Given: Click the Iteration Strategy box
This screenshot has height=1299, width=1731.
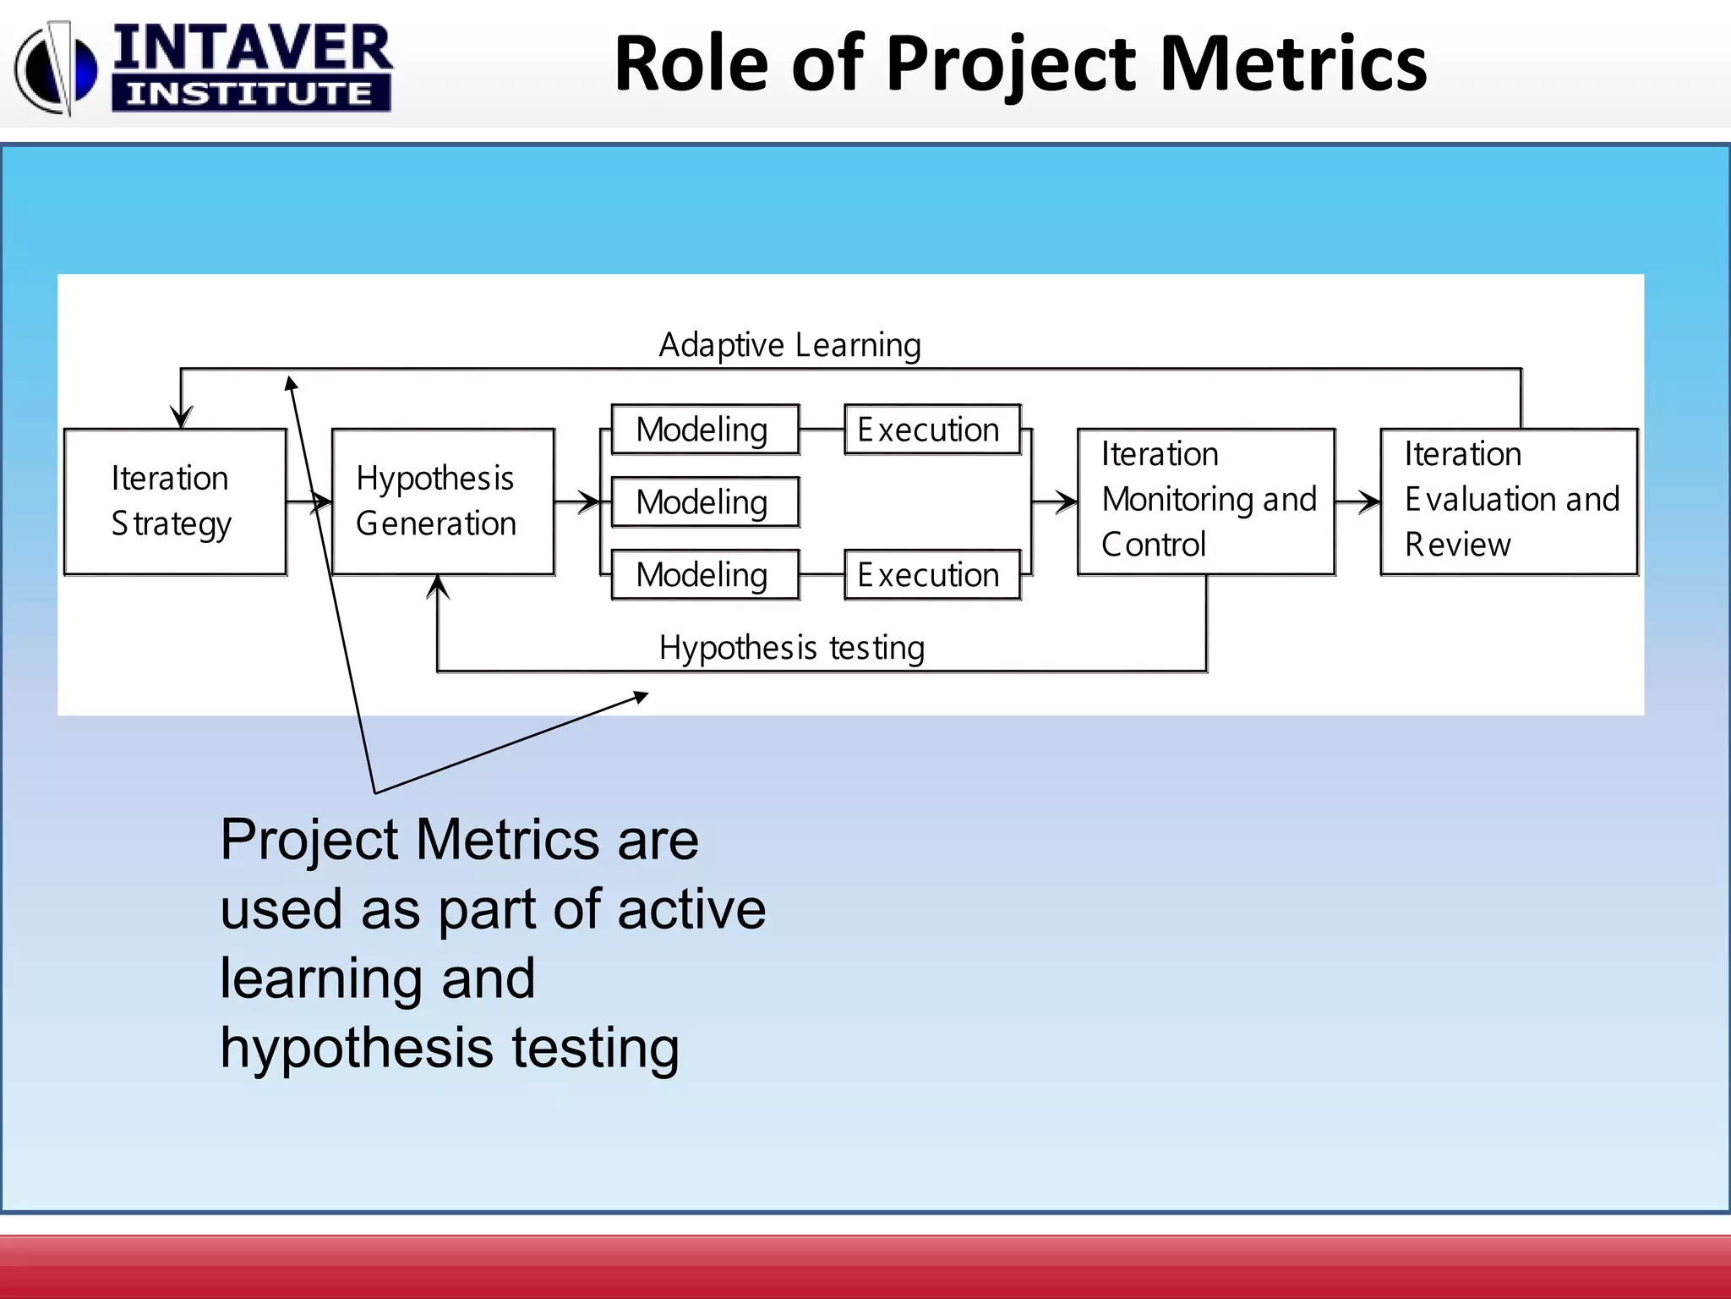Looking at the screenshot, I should pyautogui.click(x=175, y=502).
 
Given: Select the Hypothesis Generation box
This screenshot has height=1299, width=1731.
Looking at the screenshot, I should pyautogui.click(x=443, y=502).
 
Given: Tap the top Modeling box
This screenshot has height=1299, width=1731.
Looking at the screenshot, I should pyautogui.click(x=705, y=430).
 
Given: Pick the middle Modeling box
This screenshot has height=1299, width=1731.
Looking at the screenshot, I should pyautogui.click(x=705, y=502).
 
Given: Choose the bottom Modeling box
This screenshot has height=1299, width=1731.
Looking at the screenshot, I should pyautogui.click(x=705, y=575).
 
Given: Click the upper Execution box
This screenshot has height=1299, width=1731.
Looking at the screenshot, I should pyautogui.click(x=932, y=430).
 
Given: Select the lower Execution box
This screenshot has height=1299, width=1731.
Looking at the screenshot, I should pyautogui.click(x=932, y=575).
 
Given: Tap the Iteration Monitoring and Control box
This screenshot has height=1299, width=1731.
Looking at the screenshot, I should pyautogui.click(x=1206, y=502).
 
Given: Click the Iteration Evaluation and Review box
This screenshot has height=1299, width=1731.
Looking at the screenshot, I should pyautogui.click(x=1509, y=502).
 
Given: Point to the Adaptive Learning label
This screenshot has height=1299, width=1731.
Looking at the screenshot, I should pyautogui.click(x=789, y=345).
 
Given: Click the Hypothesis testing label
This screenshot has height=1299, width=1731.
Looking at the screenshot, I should pyautogui.click(x=791, y=648).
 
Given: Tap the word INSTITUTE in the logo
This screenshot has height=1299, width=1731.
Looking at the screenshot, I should pyautogui.click(x=250, y=93).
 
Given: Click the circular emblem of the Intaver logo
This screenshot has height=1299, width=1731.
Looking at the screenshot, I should pyautogui.click(x=56, y=68).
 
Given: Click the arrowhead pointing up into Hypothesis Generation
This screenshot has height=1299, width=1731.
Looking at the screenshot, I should pyautogui.click(x=438, y=585).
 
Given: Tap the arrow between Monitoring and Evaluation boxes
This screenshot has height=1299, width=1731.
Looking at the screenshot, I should pyautogui.click(x=1359, y=502).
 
